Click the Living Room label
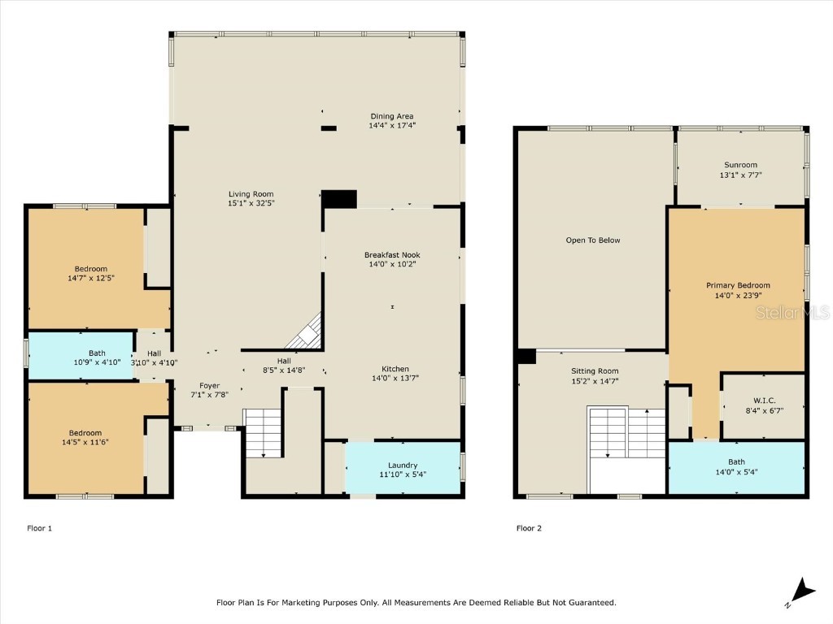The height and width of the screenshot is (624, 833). click(251, 194)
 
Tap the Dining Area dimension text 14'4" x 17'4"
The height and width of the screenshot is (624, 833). click(392, 126)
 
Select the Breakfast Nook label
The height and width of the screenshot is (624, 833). click(392, 254)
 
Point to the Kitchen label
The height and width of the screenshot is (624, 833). click(395, 369)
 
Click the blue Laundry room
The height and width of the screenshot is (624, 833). click(403, 467)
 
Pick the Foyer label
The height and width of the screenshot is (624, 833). click(209, 386)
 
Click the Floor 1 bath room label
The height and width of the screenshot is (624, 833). click(97, 353)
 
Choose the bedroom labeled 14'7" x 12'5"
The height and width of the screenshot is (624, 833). click(91, 268)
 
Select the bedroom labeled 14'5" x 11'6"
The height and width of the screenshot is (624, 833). click(85, 433)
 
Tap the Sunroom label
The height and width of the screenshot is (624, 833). click(740, 165)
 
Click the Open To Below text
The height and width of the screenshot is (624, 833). click(593, 240)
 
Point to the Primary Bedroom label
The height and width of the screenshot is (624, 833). click(738, 285)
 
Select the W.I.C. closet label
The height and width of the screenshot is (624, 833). click(765, 401)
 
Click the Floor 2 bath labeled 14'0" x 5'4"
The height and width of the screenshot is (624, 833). click(736, 467)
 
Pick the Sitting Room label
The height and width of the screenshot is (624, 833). click(595, 371)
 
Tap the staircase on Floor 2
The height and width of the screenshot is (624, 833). click(627, 433)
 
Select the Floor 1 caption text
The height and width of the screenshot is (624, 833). click(39, 528)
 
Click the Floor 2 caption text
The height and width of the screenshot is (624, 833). click(529, 528)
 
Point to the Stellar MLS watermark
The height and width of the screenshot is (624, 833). click(792, 312)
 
